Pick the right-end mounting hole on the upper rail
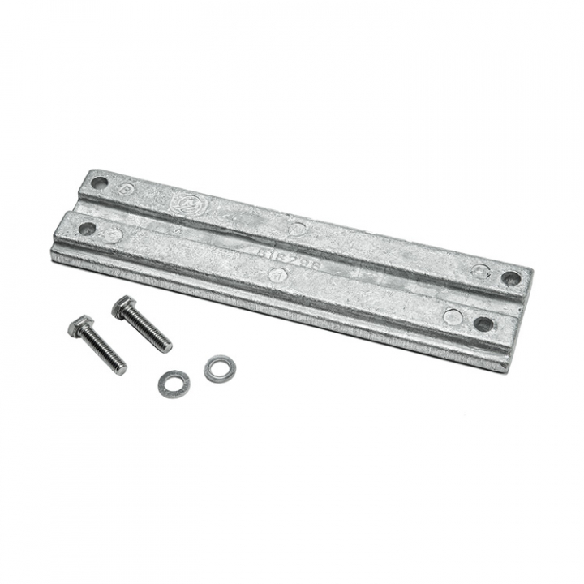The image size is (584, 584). [510, 278]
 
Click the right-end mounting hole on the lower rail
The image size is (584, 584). [483, 324]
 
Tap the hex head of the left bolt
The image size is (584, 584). [80, 326]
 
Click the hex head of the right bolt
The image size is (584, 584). [123, 307]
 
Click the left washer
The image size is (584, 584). [174, 383]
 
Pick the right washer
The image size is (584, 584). [217, 369]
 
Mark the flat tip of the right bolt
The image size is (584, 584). [167, 348]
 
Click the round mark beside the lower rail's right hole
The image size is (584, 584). [453, 316]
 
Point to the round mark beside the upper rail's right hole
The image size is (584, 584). [480, 271]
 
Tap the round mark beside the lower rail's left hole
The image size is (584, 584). [114, 235]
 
